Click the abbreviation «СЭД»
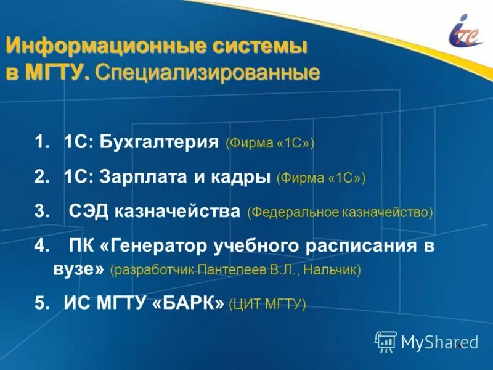[x=85, y=212]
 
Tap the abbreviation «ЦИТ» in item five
[x=246, y=303]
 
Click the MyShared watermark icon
[x=386, y=341]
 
